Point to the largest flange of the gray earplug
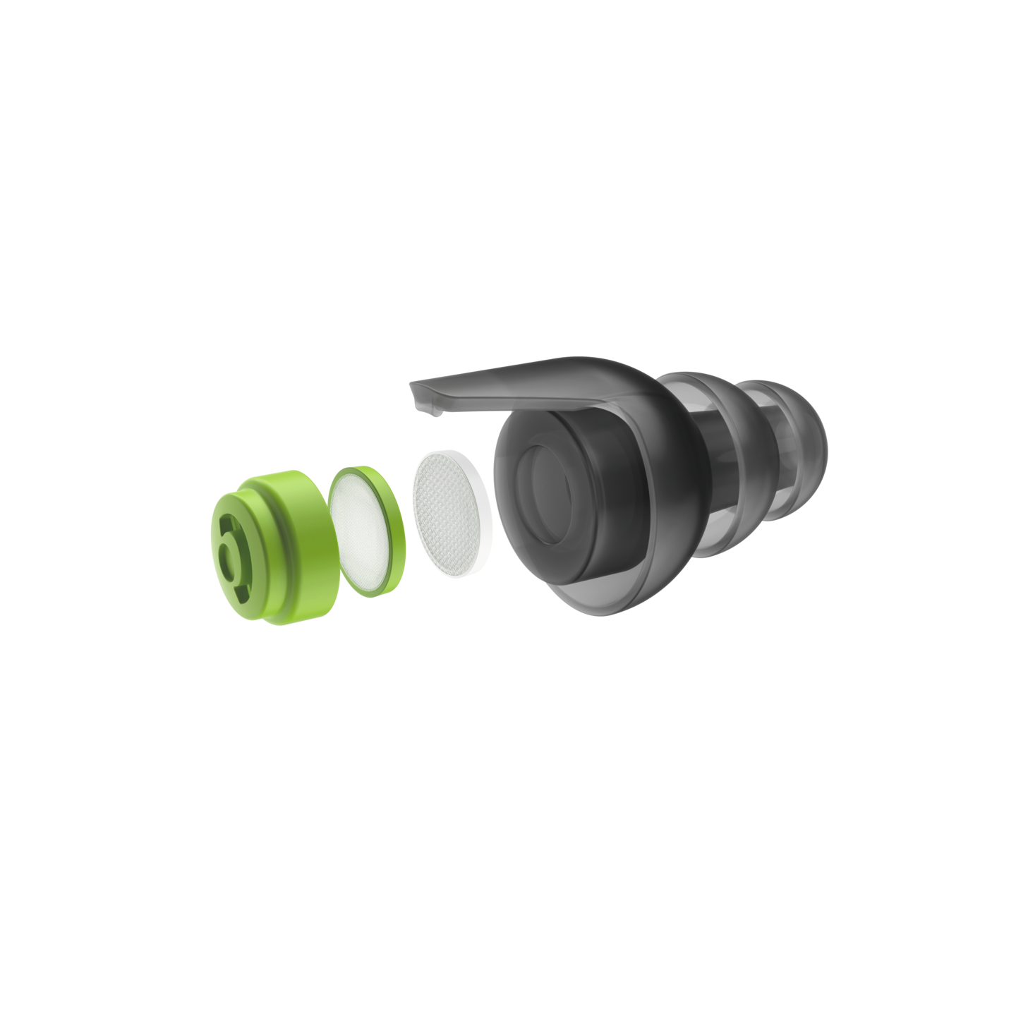point(663,452)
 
